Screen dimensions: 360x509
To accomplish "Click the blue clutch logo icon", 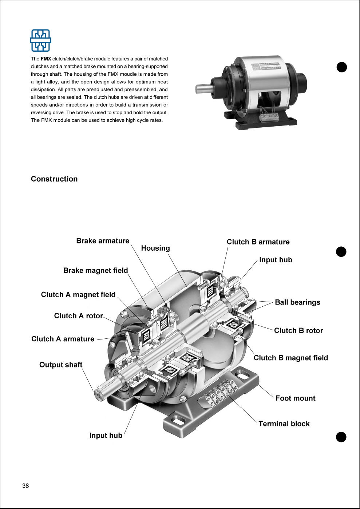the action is [x=40, y=40].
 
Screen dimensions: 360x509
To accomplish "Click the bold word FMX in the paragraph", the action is [x=46, y=59].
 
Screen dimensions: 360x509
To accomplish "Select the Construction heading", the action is [x=54, y=179].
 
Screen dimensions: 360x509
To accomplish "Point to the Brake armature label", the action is [x=103, y=240].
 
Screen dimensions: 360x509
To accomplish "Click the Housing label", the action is [x=155, y=248].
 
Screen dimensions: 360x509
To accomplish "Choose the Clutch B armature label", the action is [x=258, y=242].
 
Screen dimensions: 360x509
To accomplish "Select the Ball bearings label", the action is [x=297, y=302].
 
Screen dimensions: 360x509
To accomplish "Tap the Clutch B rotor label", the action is [x=298, y=330].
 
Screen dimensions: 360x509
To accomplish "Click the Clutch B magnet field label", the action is [x=291, y=358].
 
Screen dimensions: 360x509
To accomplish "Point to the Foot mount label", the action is [x=296, y=398].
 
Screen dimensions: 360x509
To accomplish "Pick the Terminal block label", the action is [x=284, y=423].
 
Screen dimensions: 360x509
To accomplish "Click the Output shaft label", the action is [x=61, y=365].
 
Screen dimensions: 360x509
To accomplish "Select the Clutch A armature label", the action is [x=63, y=339].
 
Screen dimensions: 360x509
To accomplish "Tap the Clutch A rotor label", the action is [x=78, y=316].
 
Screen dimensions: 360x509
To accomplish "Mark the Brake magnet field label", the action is [x=95, y=270].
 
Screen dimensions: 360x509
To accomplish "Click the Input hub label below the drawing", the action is [x=106, y=436].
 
